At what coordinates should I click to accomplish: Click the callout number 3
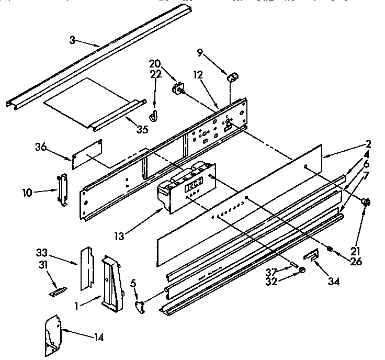(x=73, y=39)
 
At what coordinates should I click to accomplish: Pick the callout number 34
(x=332, y=282)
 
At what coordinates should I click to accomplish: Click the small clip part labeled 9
(x=233, y=77)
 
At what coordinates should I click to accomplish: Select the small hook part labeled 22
(x=154, y=116)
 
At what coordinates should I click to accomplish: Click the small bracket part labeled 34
(x=312, y=256)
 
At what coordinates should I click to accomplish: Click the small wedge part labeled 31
(x=58, y=291)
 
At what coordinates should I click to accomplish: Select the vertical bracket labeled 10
(x=63, y=189)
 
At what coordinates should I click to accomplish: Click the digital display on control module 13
(x=195, y=184)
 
